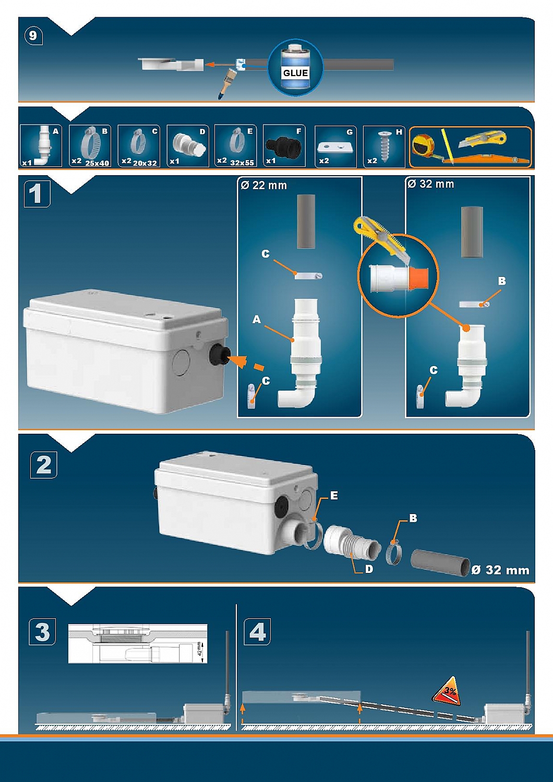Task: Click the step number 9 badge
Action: [x=33, y=35]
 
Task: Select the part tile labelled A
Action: [x=41, y=146]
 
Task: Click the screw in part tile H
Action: [x=384, y=146]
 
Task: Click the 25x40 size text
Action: [x=97, y=163]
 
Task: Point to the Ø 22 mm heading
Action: [x=264, y=186]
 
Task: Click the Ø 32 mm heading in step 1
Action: [x=431, y=184]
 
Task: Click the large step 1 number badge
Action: [x=37, y=194]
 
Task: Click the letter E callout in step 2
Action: [x=334, y=496]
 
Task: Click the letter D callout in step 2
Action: [x=369, y=569]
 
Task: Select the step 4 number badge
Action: [x=257, y=632]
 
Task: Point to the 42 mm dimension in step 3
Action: [x=200, y=650]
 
